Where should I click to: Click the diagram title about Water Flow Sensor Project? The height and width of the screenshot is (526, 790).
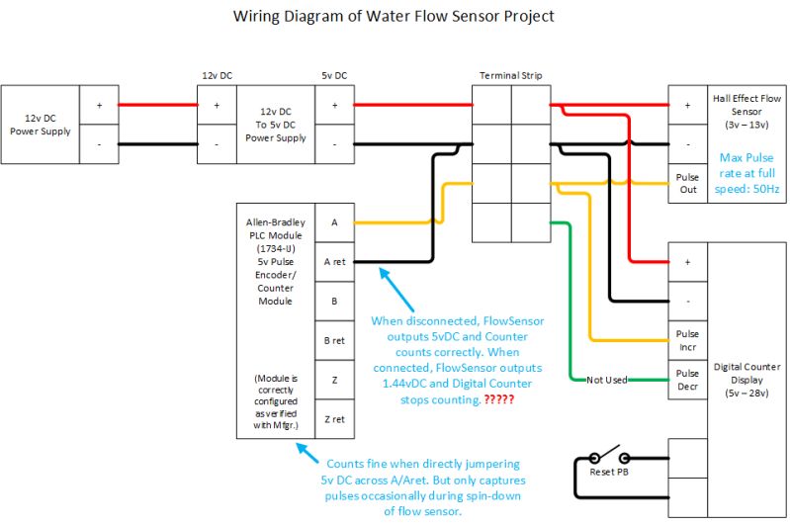pos(394,16)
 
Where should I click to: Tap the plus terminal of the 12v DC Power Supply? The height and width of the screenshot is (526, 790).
pos(99,105)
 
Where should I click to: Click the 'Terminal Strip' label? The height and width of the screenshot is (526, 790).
pos(510,75)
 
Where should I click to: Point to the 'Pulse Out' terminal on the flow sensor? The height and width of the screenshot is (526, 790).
pos(687,183)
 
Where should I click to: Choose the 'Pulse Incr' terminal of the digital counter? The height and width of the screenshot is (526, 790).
pos(687,341)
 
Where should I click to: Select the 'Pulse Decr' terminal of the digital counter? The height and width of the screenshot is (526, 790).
pos(687,380)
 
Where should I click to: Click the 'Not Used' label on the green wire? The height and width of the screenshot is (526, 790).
pos(608,380)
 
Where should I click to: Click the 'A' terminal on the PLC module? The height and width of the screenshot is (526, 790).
pos(334,223)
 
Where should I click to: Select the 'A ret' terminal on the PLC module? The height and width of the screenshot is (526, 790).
pos(334,262)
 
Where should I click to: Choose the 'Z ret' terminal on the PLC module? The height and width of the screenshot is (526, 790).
pos(334,419)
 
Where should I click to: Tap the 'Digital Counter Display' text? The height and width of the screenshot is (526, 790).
pos(746,381)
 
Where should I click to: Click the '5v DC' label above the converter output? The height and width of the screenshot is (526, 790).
pos(334,75)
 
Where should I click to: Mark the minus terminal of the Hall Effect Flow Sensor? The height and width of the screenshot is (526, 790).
pos(687,144)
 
